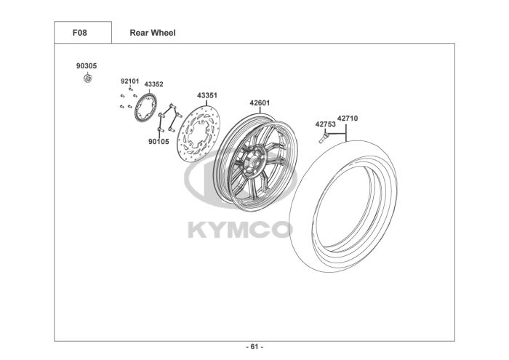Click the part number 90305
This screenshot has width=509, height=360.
pos(86,65)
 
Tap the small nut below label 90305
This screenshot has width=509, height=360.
pos(87,77)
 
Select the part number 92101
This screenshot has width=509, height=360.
pos(129,81)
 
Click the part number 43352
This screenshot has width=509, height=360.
pos(153,84)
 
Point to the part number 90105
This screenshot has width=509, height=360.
pos(158,141)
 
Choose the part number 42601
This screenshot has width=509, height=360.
pos(260,103)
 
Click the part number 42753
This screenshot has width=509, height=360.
pos(324,124)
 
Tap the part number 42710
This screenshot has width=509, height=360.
pos(348,118)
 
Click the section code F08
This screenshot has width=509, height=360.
pos(82,33)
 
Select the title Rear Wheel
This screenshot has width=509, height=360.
pos(152,33)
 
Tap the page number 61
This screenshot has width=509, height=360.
pos(254,346)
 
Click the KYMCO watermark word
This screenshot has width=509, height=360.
pos(240,230)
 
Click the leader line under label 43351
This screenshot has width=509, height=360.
pos(207,103)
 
